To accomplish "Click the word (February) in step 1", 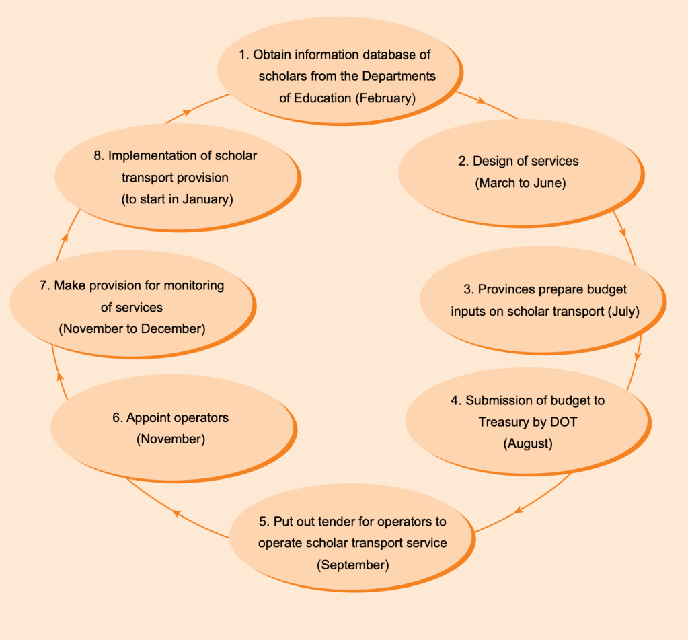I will (x=386, y=98).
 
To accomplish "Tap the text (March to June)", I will (x=520, y=183).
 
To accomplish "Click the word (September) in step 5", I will (x=352, y=565).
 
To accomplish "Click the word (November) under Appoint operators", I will (x=170, y=439).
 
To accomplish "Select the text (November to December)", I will (x=132, y=329).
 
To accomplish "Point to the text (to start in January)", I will (x=177, y=200).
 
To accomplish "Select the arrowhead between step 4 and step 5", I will (x=518, y=511).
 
